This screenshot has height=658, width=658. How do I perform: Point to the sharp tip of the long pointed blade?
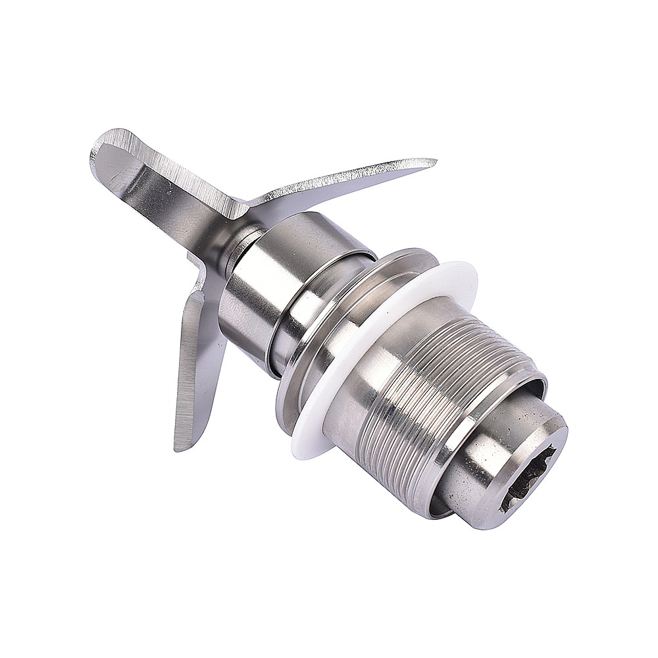[x=434, y=161]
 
